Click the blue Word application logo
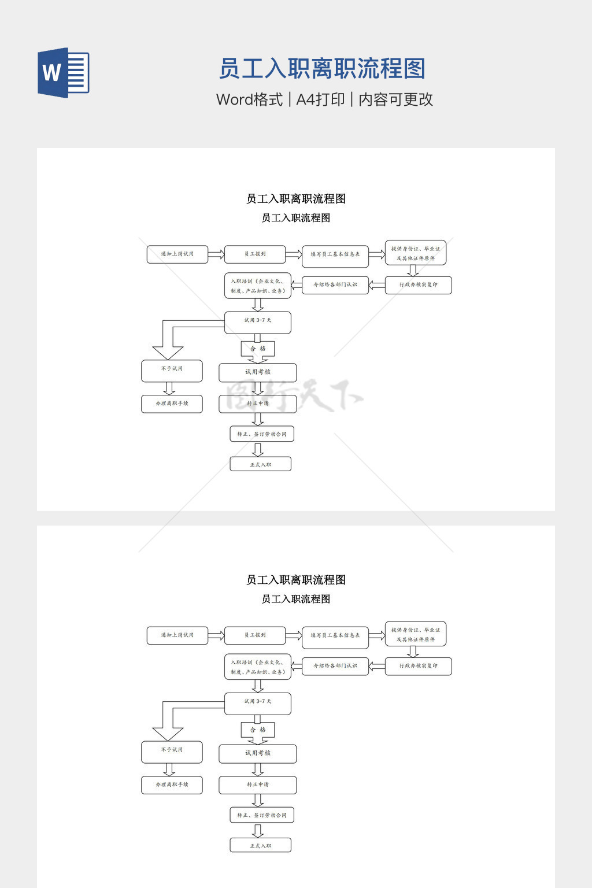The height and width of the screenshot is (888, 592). click(63, 73)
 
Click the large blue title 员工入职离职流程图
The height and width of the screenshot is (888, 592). click(322, 69)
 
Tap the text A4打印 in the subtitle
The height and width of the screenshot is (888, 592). click(320, 99)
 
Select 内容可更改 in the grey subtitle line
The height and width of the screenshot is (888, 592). click(395, 99)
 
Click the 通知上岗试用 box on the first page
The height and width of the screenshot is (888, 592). click(177, 254)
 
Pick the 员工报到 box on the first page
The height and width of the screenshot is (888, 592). click(255, 254)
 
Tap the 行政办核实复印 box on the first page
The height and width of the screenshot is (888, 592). click(418, 285)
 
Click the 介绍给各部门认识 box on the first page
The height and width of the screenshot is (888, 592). click(335, 285)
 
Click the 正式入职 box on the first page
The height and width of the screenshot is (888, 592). click(260, 464)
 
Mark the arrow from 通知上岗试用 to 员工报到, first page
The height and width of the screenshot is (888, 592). click(216, 254)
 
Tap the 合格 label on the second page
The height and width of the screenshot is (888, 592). click(258, 730)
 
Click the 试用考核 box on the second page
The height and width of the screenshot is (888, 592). click(257, 753)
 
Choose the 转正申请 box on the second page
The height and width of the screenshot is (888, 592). click(257, 785)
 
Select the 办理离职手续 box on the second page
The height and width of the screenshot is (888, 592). click(172, 785)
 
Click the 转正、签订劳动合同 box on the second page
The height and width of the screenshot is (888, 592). click(261, 815)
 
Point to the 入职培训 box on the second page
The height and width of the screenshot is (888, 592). click(257, 667)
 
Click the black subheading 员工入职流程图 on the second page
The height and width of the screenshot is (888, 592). click(296, 599)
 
